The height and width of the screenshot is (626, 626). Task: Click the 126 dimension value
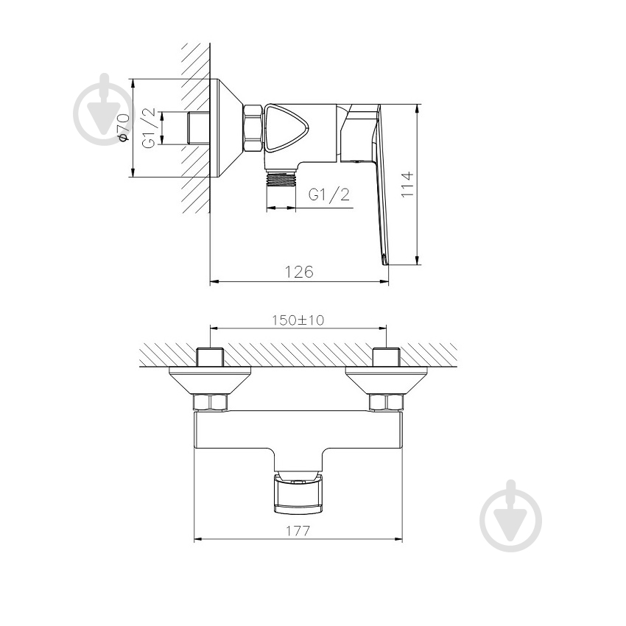tap(299, 271)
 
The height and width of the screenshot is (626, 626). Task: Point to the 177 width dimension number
tap(298, 530)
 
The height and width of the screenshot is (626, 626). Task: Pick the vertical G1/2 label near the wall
tap(149, 127)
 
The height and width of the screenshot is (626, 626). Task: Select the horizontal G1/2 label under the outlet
tap(328, 194)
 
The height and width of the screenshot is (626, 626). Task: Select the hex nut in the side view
tap(253, 129)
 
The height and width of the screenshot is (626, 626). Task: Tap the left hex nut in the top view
tap(210, 402)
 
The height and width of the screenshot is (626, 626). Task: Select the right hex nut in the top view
tap(387, 402)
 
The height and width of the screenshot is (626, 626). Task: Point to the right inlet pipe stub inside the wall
tap(387, 357)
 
